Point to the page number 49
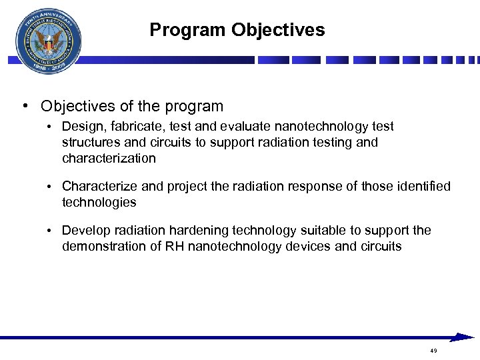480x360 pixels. (x=433, y=351)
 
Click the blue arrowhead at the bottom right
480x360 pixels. (x=462, y=337)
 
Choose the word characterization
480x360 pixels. (x=109, y=158)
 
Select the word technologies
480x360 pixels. (x=99, y=202)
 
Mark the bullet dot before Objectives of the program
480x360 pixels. (x=24, y=107)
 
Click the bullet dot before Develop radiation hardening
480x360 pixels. (x=50, y=231)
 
